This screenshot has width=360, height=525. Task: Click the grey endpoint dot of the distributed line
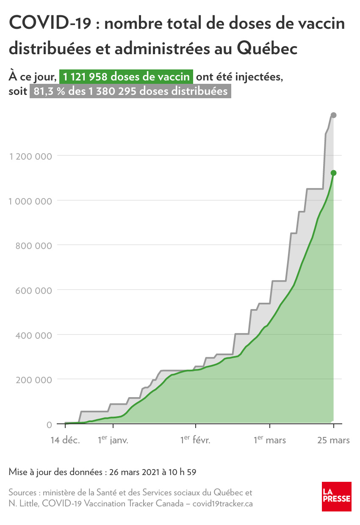coord(333,115)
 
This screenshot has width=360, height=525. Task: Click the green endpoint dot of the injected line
coord(333,173)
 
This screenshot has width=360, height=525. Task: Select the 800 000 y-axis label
coord(33,246)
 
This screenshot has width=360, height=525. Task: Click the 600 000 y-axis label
coord(33,290)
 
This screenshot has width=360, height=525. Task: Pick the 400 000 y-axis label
coord(33,335)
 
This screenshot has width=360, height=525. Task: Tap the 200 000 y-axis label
coord(33,380)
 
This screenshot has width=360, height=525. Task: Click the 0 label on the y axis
coord(49,425)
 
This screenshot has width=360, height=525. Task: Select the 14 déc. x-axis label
coord(65,440)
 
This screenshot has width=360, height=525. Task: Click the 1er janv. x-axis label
coord(113,440)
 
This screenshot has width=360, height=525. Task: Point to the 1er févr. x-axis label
coord(195,440)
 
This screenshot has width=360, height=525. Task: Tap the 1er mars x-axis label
coord(270,440)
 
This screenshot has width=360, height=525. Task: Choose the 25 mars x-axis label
coord(334,440)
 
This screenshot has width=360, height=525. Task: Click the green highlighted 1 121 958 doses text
coord(126,77)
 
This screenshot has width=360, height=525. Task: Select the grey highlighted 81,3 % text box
coord(130,91)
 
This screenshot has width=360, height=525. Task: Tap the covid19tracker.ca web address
coord(223,504)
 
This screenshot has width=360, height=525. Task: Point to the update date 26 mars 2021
coord(134,472)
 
